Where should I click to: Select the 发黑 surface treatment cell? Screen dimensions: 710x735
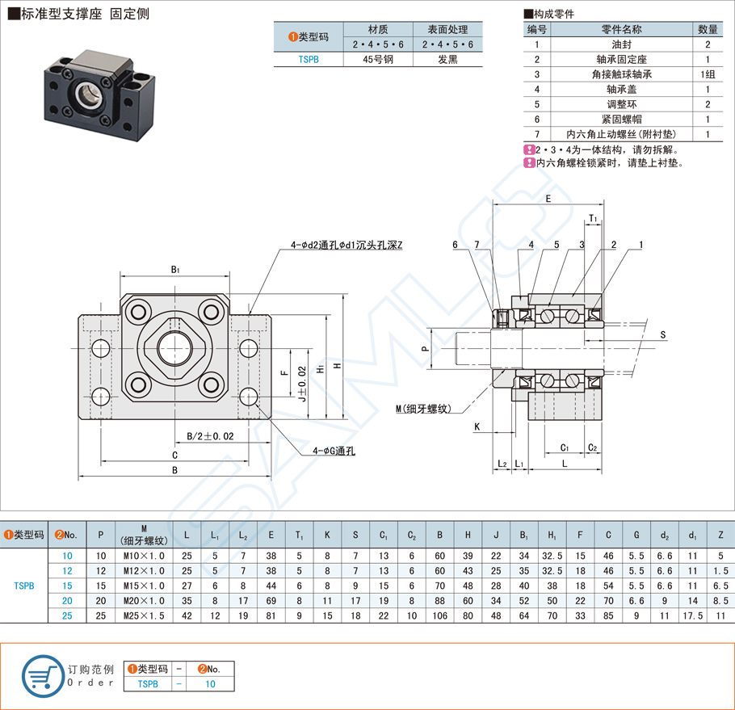click(447, 59)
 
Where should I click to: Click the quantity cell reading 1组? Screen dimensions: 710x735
click(708, 74)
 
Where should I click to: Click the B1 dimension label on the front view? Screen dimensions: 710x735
click(175, 269)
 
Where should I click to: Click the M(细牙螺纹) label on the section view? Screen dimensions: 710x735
click(422, 410)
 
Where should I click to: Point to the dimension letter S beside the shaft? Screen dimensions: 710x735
click(662, 334)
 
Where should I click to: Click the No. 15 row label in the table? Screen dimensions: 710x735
click(67, 586)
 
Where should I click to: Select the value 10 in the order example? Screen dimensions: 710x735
click(210, 683)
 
